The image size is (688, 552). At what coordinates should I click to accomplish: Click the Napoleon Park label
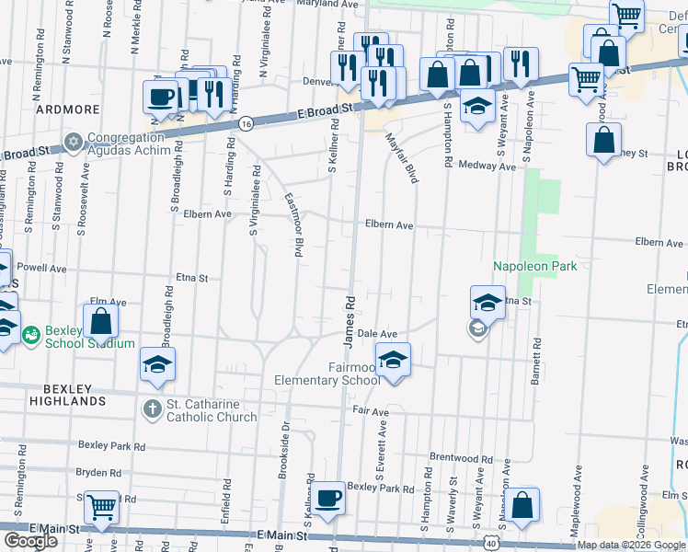[533, 265]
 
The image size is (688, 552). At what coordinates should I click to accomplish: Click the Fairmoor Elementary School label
[327, 374]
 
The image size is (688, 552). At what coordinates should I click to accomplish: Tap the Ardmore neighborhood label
[67, 109]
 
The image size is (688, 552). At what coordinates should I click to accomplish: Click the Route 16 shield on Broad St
[246, 123]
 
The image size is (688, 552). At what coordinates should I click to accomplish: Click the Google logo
[30, 541]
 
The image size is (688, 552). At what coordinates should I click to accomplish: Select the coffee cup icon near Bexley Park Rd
[327, 498]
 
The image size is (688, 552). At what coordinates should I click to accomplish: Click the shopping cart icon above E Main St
[101, 505]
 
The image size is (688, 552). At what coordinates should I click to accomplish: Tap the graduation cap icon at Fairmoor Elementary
[393, 358]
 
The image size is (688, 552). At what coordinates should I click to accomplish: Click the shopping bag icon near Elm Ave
[101, 321]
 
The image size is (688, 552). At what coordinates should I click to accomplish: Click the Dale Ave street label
[376, 334]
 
